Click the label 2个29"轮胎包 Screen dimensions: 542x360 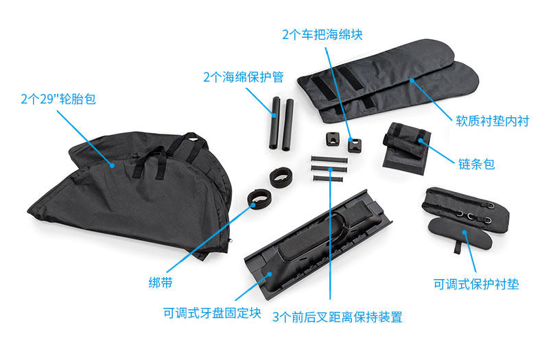coord(58,99)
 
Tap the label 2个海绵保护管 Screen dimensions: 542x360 coord(244,77)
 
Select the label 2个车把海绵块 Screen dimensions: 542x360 coord(322,34)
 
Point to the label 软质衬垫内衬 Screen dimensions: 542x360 coord(492,121)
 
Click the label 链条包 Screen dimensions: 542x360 coord(476,164)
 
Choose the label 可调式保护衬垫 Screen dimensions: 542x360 coord(476,284)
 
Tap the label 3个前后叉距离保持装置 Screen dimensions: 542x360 coord(338,317)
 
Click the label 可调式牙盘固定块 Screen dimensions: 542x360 coord(212,313)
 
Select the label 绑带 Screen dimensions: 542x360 coord(161,283)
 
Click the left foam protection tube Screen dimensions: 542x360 coord(274,123)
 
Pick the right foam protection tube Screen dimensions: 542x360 coord(287,125)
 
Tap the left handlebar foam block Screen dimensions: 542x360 coord(332,139)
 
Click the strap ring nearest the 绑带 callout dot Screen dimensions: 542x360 coord(259,199)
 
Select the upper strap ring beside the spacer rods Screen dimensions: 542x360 coord(281,177)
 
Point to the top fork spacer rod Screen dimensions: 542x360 coord(329,160)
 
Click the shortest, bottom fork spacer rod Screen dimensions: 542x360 coord(328,178)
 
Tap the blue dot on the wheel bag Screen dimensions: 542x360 coord(112,165)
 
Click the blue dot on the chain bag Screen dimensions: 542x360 coord(421,141)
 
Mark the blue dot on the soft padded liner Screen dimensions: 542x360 coord(412,80)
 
